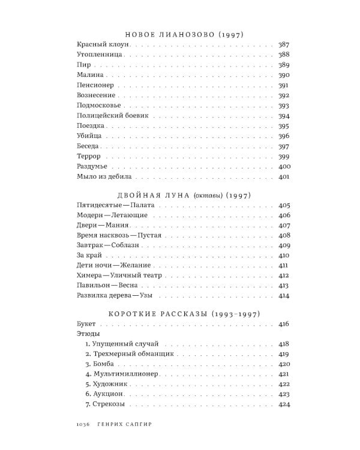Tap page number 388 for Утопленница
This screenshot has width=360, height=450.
(x=284, y=55)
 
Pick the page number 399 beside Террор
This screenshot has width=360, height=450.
(x=284, y=156)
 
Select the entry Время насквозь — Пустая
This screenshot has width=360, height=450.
(x=119, y=235)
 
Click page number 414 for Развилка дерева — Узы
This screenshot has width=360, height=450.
(x=284, y=296)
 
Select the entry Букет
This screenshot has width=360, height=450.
(x=87, y=324)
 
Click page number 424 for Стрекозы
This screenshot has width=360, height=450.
(x=284, y=404)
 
